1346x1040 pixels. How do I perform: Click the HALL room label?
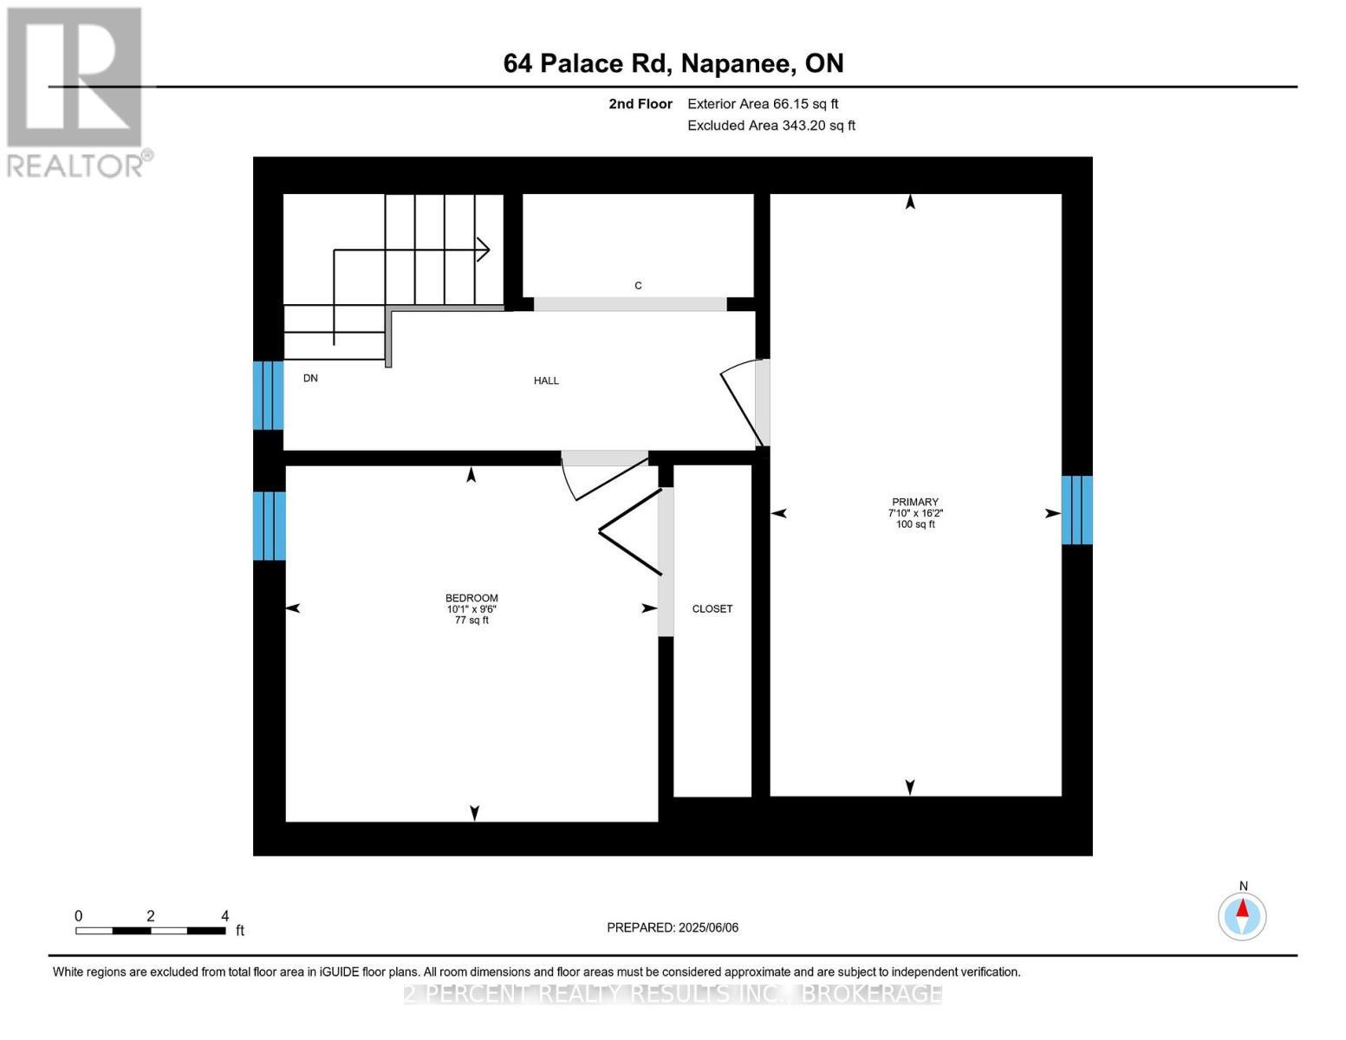[x=546, y=380]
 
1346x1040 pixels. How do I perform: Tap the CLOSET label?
[x=712, y=609]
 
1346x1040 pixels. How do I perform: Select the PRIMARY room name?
[x=915, y=502]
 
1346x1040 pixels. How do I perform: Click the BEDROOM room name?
[x=471, y=598]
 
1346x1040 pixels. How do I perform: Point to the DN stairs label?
[x=310, y=379]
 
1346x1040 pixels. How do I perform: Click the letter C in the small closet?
[x=638, y=286]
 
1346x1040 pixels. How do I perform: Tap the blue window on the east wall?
[x=1076, y=510]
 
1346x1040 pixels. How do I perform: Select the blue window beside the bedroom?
[x=269, y=526]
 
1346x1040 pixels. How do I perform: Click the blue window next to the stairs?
[x=269, y=395]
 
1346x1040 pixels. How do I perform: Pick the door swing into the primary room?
[x=740, y=403]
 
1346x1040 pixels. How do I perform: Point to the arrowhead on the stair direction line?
[x=484, y=250]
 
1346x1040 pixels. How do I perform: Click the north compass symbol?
[x=1242, y=916]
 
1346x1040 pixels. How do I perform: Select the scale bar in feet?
[x=151, y=930]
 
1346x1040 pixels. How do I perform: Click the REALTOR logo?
[x=76, y=91]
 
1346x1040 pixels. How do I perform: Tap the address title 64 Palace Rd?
[x=673, y=63]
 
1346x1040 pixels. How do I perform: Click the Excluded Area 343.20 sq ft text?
[x=771, y=126]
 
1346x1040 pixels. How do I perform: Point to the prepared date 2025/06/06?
[x=673, y=927]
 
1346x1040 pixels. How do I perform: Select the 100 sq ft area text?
[x=915, y=524]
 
